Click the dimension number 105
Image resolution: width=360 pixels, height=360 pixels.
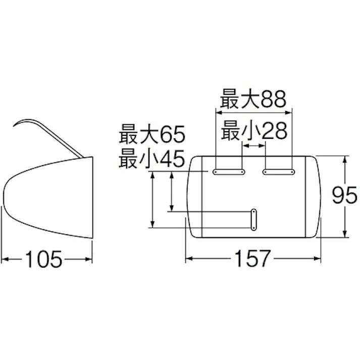click(x=47, y=259)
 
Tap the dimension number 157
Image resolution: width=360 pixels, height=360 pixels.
click(x=253, y=259)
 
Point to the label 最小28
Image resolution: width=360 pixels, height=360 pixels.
click(x=253, y=132)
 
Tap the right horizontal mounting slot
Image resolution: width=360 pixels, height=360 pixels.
click(x=278, y=172)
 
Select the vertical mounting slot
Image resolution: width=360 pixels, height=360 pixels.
click(x=254, y=221)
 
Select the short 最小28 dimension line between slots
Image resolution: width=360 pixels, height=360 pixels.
click(x=253, y=145)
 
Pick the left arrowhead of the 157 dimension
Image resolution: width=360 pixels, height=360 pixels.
click(x=189, y=260)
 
